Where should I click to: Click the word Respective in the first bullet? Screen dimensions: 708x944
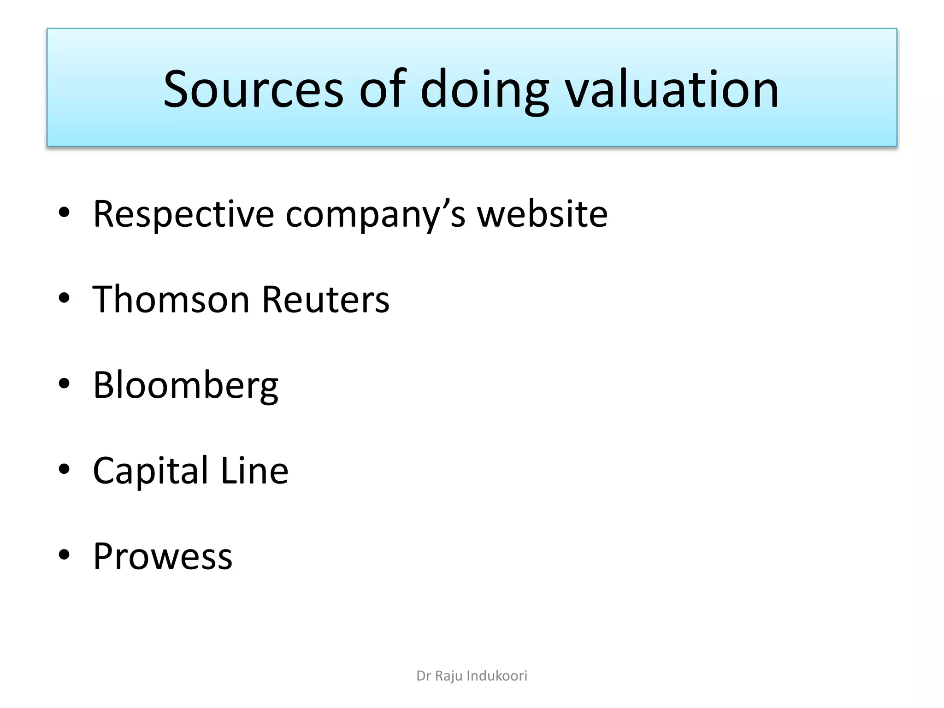(183, 214)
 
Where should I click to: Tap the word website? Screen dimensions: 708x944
(542, 214)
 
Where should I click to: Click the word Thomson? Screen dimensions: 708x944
(171, 300)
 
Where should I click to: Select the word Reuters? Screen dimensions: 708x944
(325, 300)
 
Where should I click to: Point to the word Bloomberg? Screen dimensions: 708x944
(185, 385)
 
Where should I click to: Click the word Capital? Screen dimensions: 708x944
(151, 471)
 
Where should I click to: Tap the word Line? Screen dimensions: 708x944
(254, 471)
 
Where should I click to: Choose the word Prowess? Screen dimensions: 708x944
(163, 556)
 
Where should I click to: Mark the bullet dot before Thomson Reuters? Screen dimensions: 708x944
(64, 298)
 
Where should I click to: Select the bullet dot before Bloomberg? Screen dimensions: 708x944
(64, 383)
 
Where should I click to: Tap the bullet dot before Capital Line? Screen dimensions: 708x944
(64, 469)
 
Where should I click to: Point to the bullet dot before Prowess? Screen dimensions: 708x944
(64, 555)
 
